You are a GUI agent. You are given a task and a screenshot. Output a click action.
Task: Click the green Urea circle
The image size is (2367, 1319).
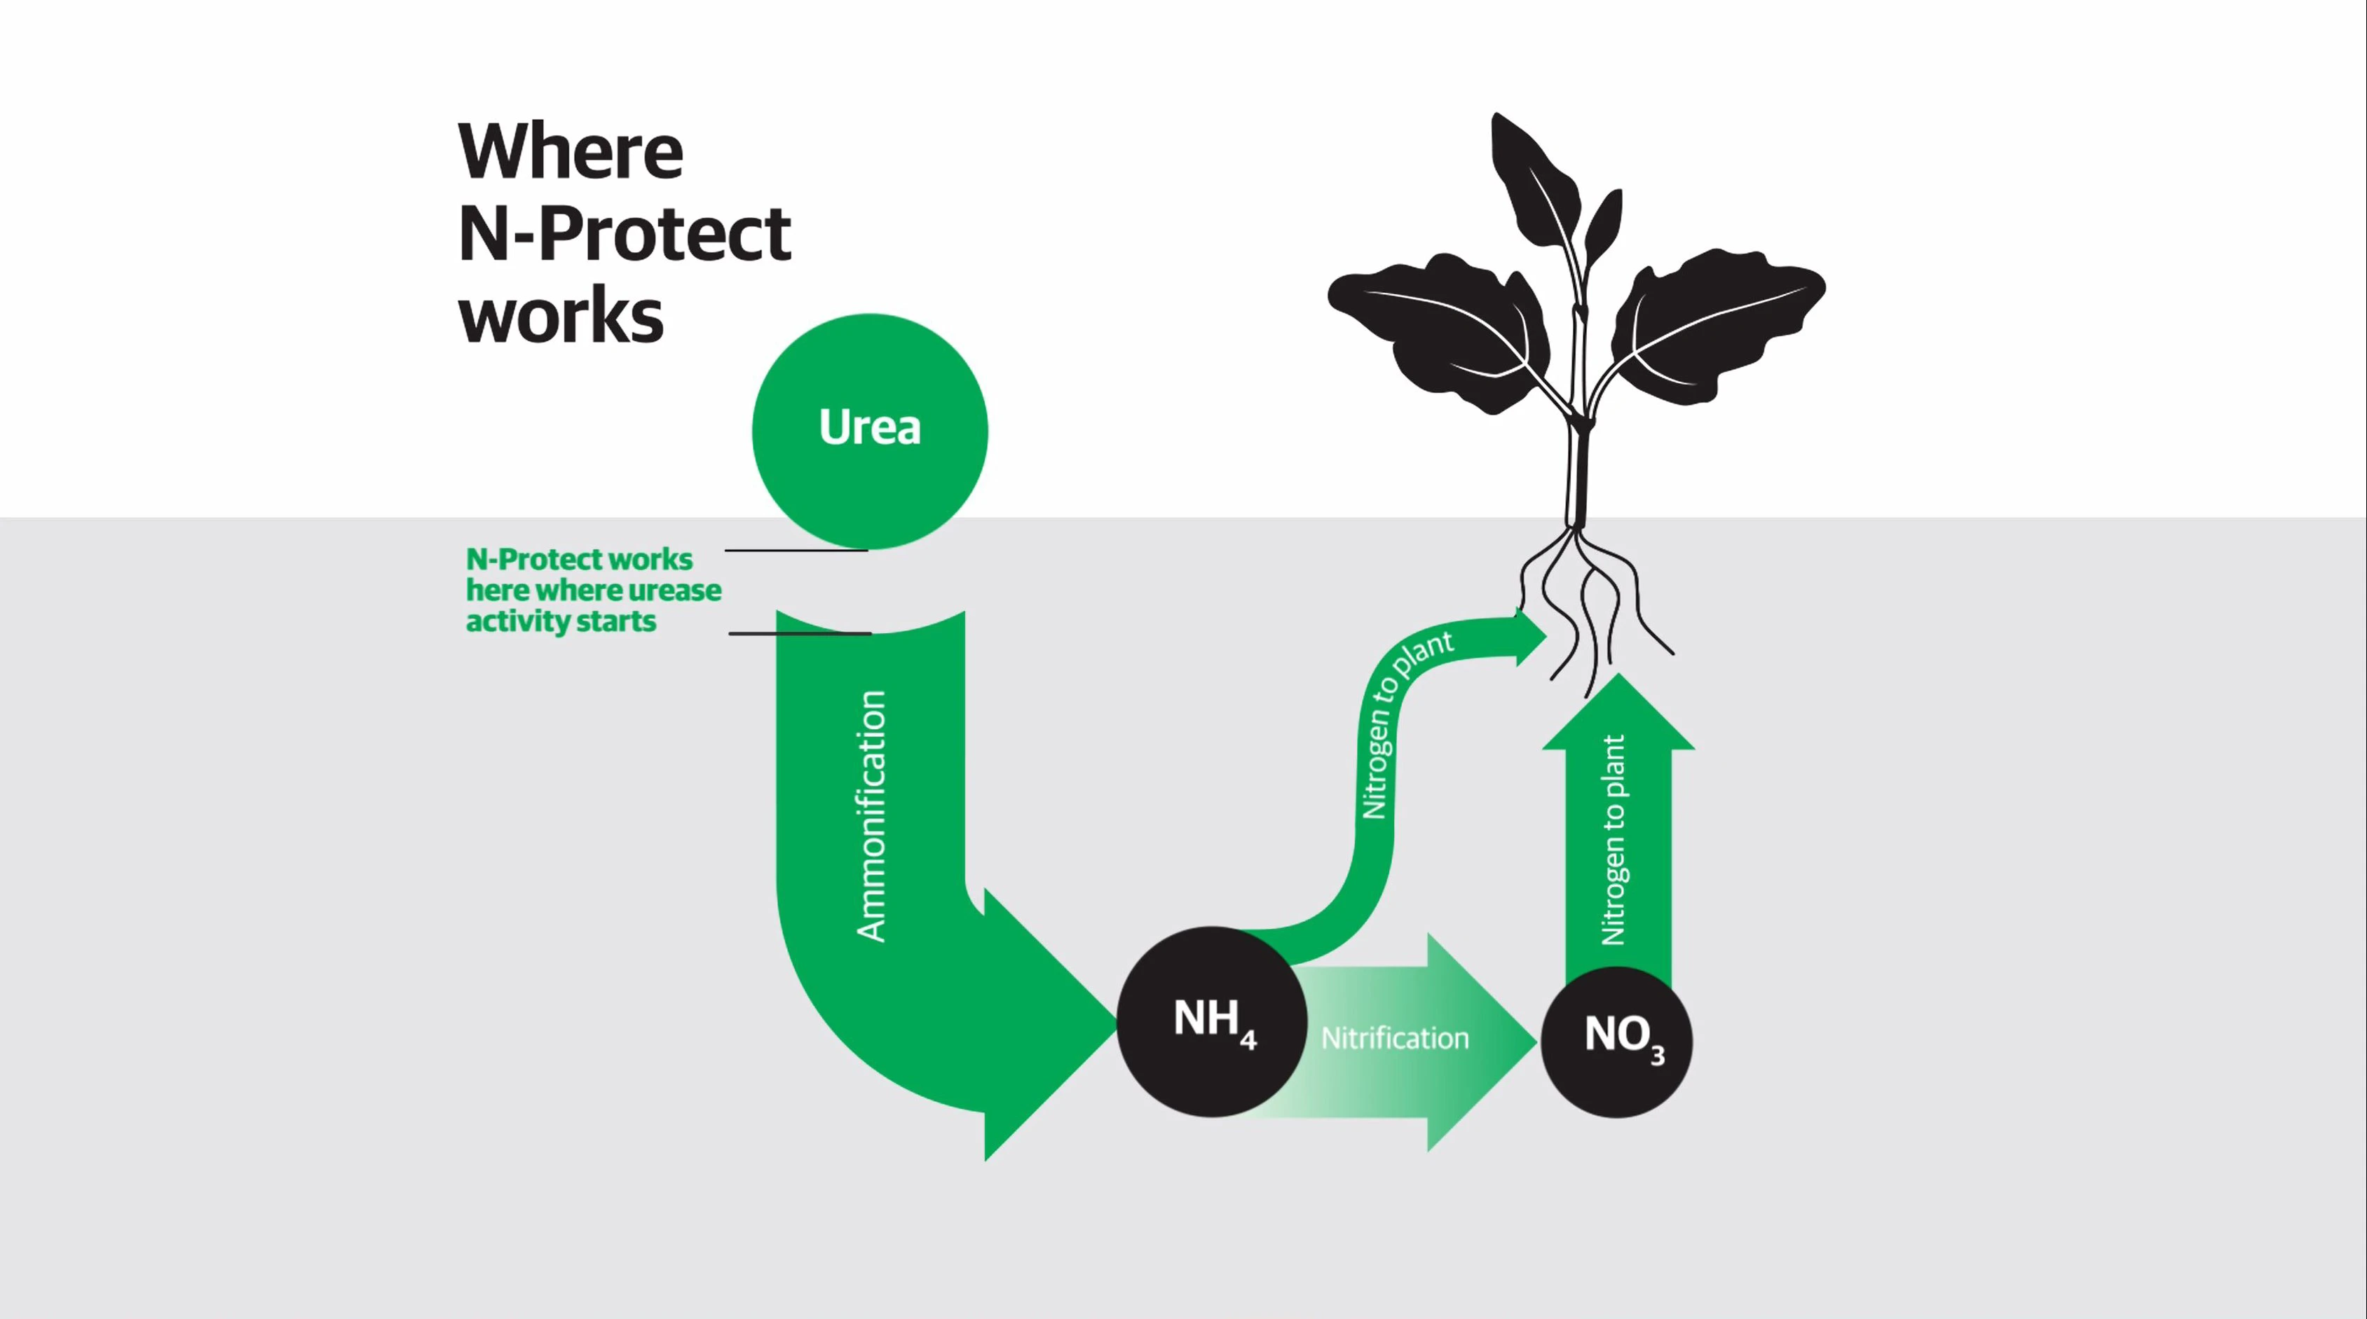pyautogui.click(x=869, y=431)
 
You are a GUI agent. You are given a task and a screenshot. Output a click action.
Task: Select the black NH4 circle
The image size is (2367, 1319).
pyautogui.click(x=1212, y=1021)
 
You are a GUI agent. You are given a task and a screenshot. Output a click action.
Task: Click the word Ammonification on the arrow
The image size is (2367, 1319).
pyautogui.click(x=871, y=815)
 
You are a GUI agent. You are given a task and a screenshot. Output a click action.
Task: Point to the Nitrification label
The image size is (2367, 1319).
pyautogui.click(x=1395, y=1039)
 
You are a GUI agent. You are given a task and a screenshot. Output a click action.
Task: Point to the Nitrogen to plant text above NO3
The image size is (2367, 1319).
pyautogui.click(x=1614, y=840)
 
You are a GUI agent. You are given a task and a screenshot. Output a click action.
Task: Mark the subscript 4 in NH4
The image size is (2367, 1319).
pyautogui.click(x=1248, y=1041)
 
